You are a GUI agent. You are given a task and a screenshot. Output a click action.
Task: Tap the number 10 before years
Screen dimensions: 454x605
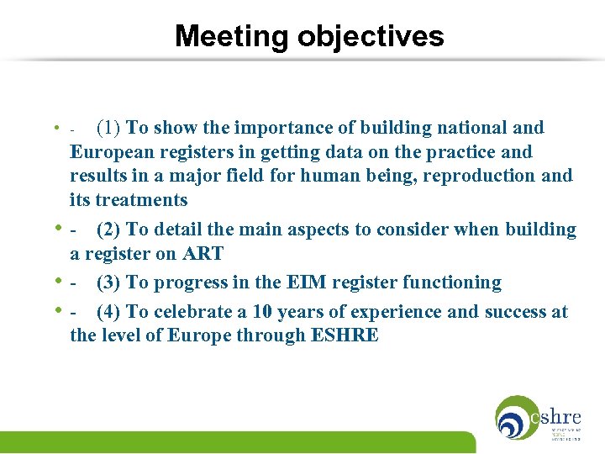tap(261, 312)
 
